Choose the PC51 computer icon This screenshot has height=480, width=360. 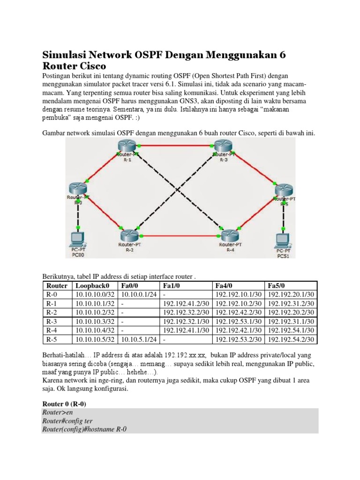[x=283, y=240]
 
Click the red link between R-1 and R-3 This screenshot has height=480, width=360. [x=173, y=146]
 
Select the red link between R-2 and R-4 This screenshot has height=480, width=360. [x=179, y=236]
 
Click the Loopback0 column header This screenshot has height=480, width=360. [x=92, y=285]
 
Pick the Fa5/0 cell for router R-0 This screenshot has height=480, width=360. [x=291, y=294]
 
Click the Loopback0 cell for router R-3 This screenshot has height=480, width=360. [x=92, y=321]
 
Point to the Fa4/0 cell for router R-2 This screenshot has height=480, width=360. [x=238, y=312]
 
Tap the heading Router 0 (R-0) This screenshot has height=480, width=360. [x=64, y=404]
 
